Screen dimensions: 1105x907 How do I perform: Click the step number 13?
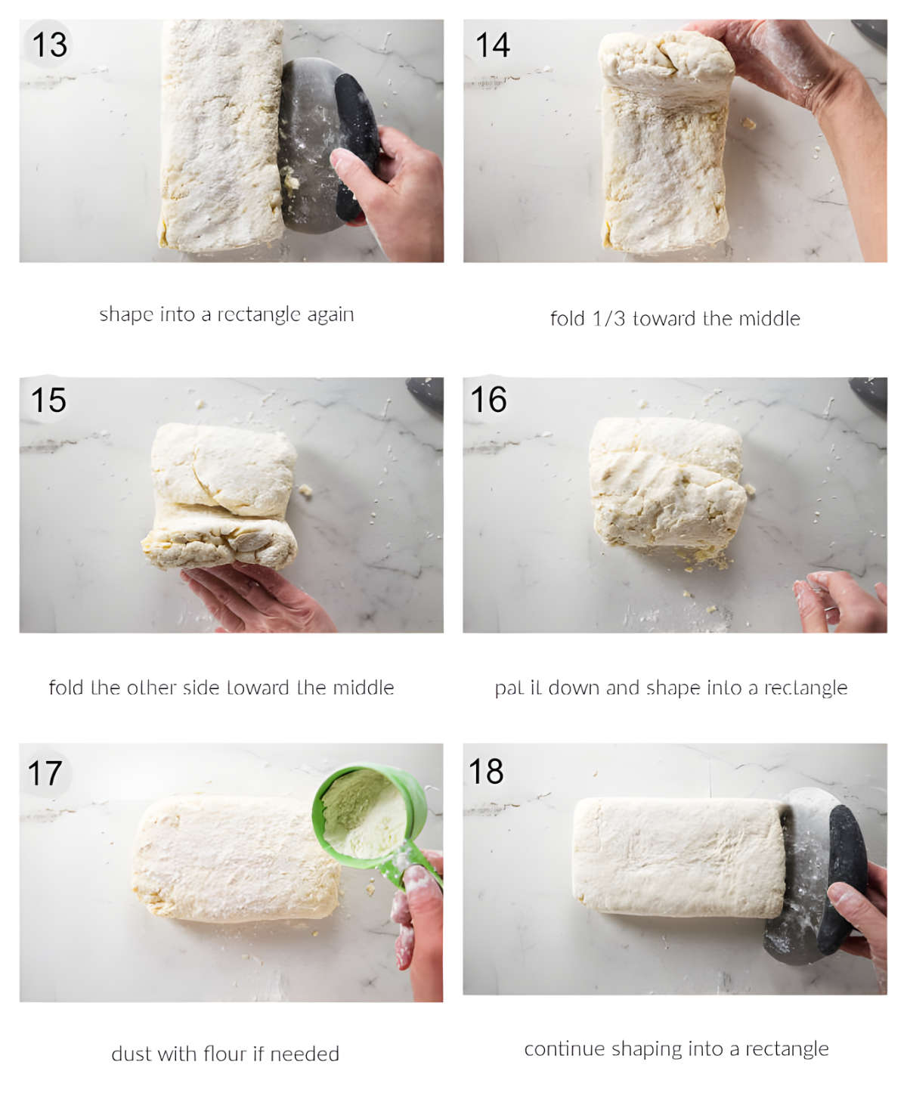(x=50, y=45)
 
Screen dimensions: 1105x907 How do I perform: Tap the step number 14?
(x=493, y=45)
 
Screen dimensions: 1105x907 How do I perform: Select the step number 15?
(x=48, y=401)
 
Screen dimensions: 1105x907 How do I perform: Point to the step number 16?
(x=488, y=400)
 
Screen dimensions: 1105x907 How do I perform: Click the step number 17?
(x=45, y=773)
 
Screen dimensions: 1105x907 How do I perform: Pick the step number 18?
(x=486, y=772)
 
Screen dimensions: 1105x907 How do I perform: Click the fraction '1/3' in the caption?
(x=608, y=319)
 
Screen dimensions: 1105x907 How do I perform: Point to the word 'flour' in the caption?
(x=225, y=1054)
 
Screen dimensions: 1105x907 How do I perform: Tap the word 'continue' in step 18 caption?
(x=564, y=1049)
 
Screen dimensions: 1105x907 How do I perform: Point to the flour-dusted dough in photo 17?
(x=234, y=858)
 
